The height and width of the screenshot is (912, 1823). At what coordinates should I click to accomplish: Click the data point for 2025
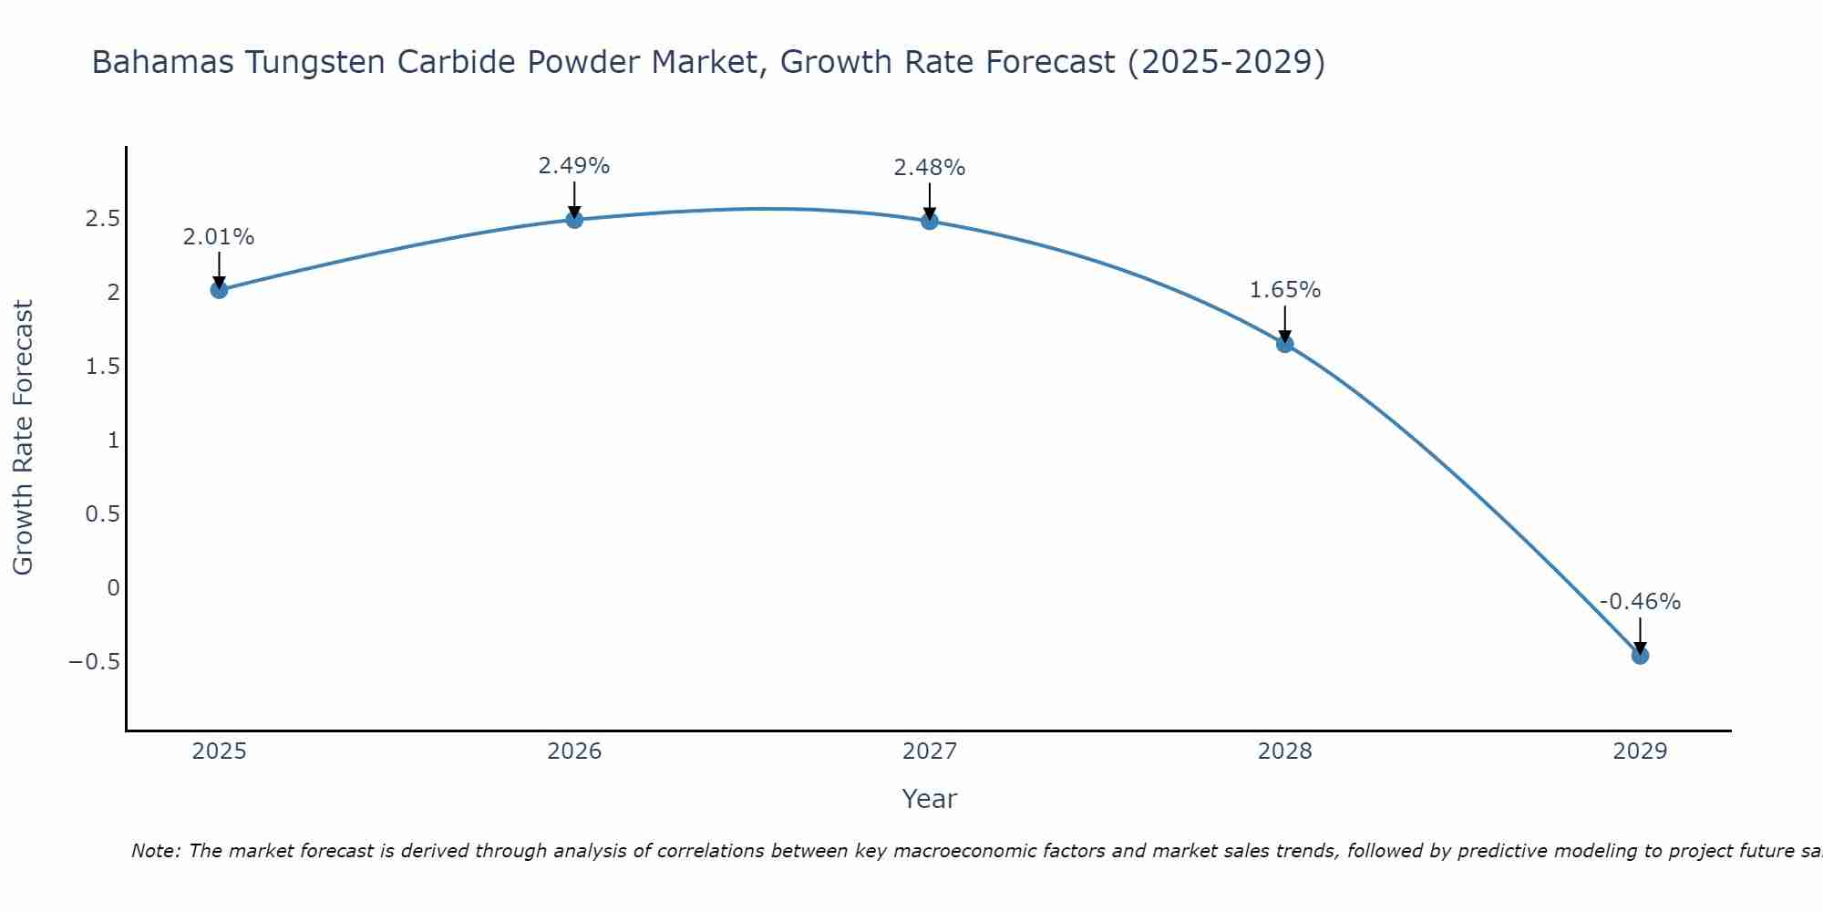219,290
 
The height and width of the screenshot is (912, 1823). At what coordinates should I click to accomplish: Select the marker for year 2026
574,219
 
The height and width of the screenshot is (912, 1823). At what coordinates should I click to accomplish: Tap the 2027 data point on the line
930,221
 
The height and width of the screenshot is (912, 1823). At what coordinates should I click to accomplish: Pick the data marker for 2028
1285,344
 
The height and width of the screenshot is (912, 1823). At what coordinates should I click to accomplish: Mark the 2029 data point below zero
1640,656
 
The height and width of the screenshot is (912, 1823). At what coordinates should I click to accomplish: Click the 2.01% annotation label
219,237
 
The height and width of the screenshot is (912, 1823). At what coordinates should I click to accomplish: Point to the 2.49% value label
574,166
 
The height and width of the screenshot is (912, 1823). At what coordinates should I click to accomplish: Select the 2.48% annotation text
930,168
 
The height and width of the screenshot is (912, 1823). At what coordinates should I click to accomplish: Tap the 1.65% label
1285,290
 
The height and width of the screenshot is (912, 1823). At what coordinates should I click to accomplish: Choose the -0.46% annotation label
1640,602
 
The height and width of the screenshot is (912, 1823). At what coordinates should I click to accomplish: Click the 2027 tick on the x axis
930,751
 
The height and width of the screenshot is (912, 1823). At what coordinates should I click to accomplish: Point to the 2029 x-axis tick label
1640,751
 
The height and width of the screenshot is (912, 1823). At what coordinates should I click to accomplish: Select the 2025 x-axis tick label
219,751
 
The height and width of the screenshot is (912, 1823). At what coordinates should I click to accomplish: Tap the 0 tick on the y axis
113,587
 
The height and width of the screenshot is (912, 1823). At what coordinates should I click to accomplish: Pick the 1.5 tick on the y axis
102,367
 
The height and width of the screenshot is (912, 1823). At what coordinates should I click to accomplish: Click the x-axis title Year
930,799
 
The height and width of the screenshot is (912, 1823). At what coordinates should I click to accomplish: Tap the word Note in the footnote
156,851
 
